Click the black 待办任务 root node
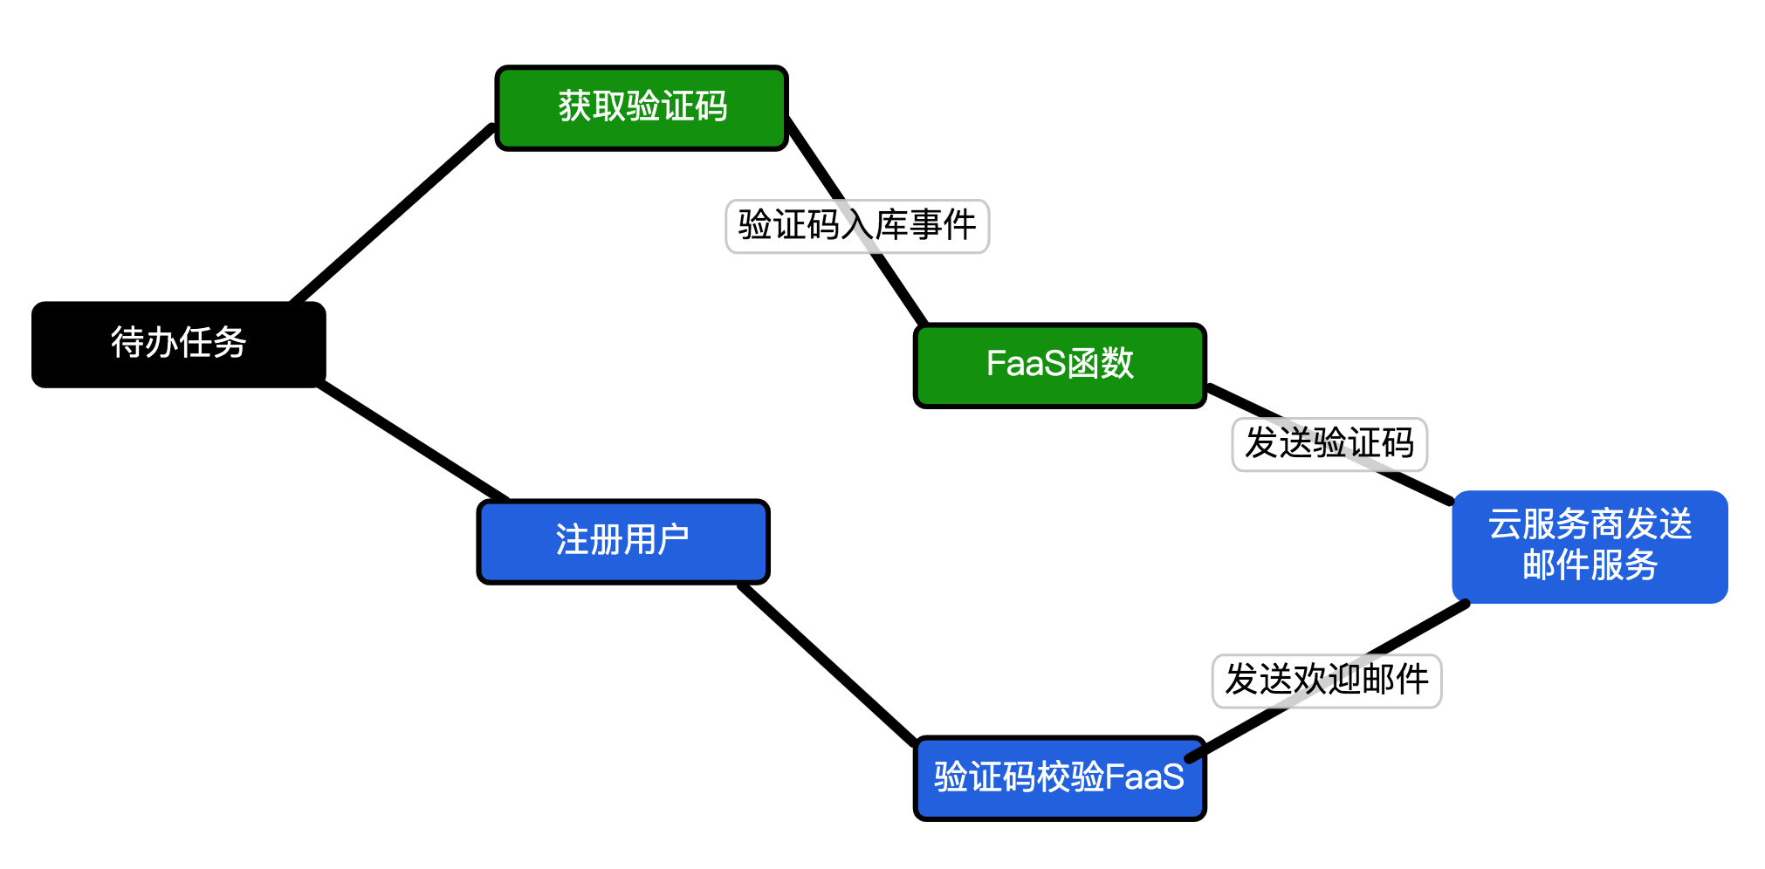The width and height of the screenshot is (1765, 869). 179,345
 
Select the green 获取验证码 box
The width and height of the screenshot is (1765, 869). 642,107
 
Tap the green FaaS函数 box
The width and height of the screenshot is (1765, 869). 1060,365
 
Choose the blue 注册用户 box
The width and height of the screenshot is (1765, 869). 622,541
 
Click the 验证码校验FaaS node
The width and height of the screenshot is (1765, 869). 1060,777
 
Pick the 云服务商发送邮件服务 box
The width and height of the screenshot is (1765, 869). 1590,546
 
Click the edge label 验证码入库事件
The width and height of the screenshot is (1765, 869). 856,226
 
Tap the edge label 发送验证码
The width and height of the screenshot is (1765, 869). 1329,444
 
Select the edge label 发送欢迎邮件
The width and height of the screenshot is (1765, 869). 1326,681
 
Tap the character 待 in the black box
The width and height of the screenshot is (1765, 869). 127,343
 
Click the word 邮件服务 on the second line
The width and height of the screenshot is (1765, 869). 1590,565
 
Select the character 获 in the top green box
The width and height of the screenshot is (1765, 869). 575,107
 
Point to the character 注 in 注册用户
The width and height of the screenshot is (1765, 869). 572,541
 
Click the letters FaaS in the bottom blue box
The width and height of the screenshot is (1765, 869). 1144,777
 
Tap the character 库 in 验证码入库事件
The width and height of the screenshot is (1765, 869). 891,226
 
